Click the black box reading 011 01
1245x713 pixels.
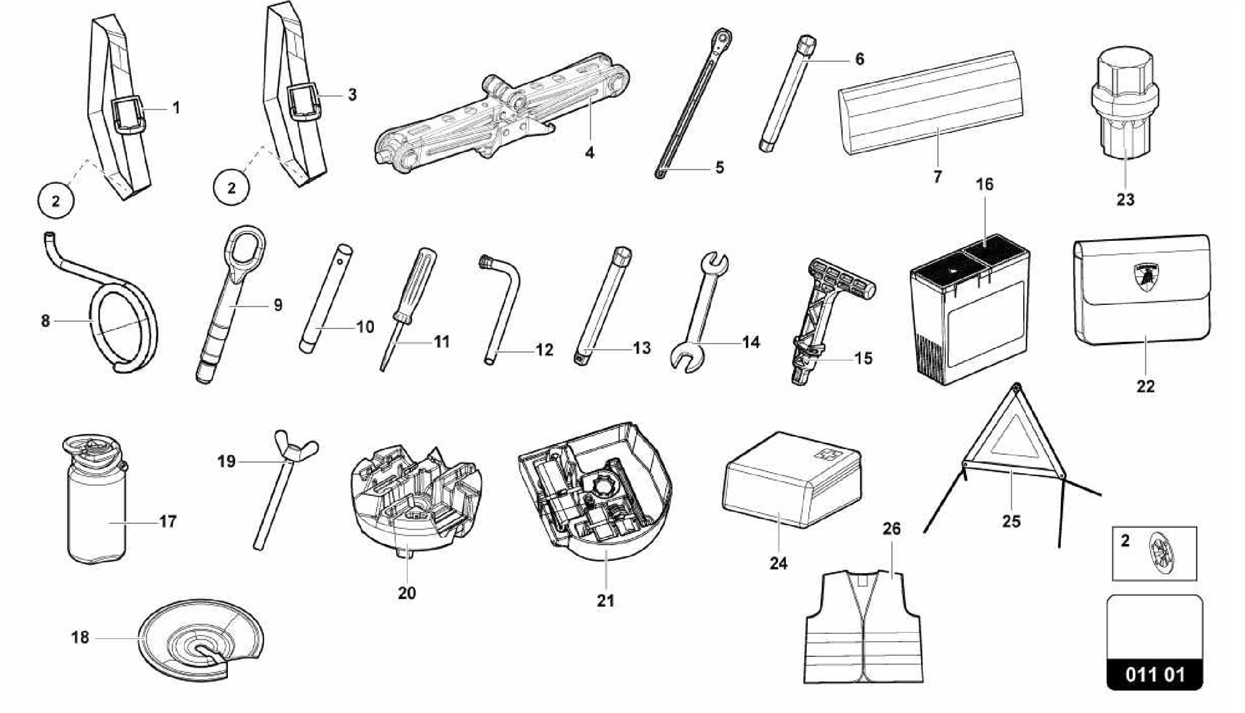pos(1154,674)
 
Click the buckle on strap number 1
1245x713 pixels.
pos(129,113)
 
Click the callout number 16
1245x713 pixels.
pos(984,184)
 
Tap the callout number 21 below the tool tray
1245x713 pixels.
pos(605,600)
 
